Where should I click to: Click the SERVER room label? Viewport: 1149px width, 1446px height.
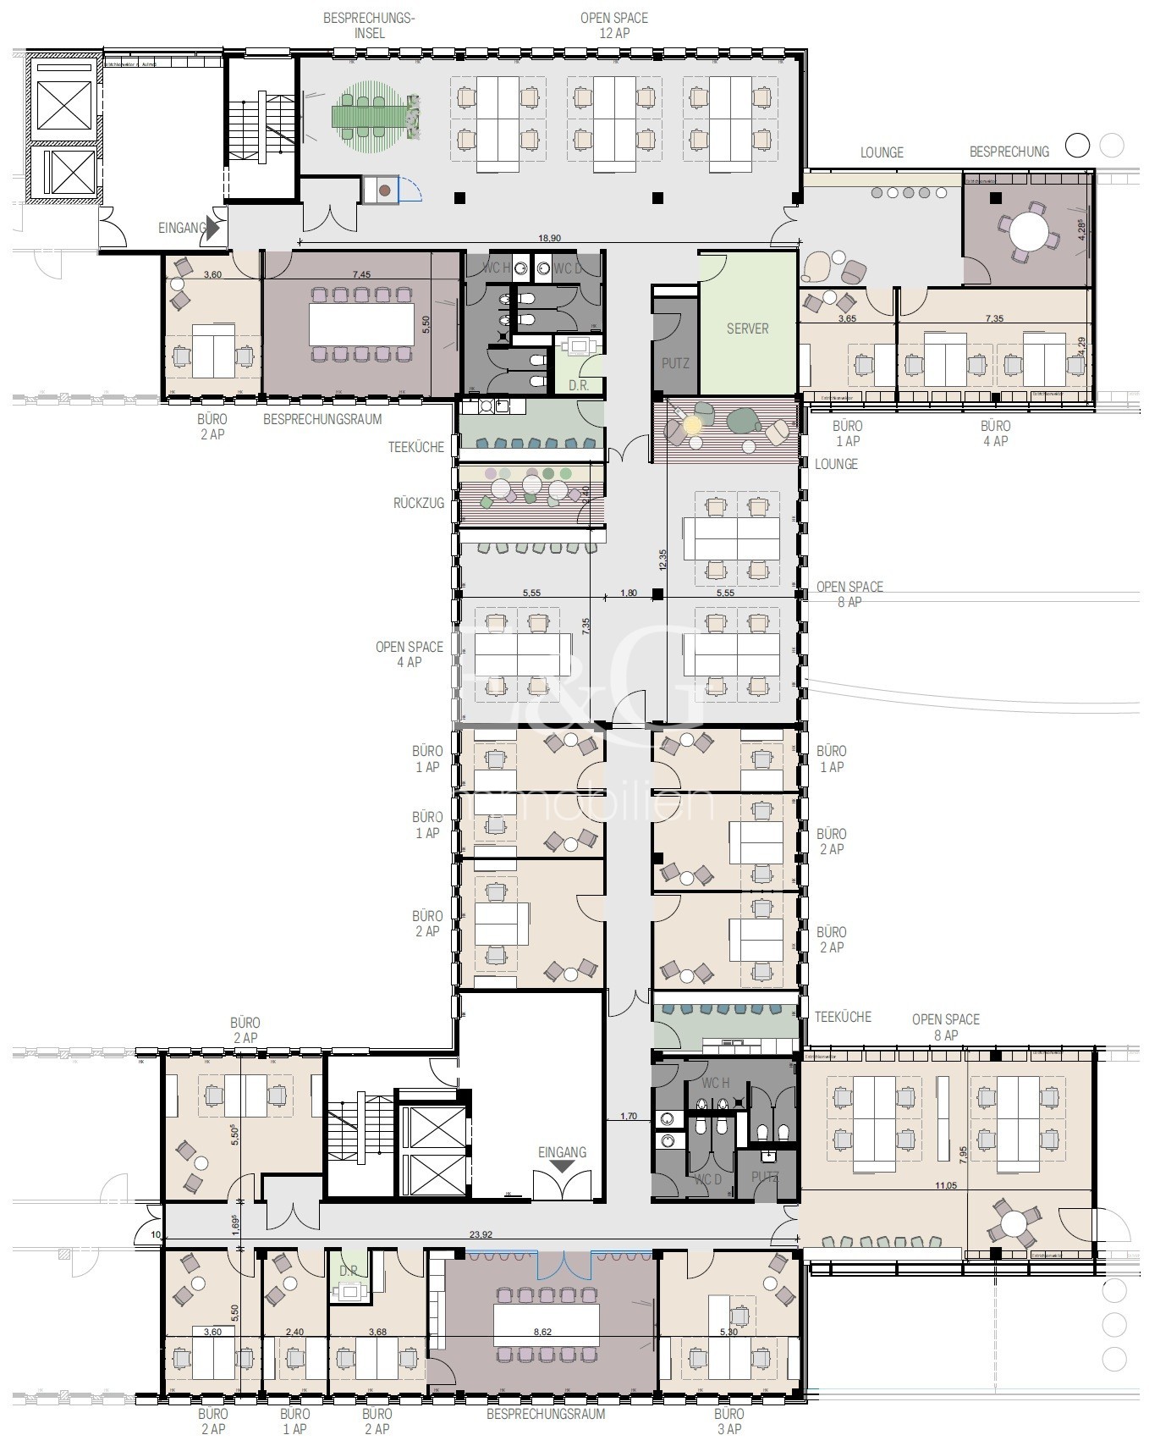coord(747,328)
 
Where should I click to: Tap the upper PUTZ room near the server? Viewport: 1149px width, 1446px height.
coord(674,363)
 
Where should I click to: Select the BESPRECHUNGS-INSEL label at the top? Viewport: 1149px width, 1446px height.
coord(369,25)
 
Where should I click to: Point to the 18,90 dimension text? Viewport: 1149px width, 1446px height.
coord(548,239)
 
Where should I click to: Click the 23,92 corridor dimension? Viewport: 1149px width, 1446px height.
coord(480,1235)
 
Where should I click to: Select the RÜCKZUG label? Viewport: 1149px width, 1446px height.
coord(418,503)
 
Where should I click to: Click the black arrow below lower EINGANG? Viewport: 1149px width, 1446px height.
coord(563,1167)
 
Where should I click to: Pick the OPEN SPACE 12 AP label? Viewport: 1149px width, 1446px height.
coord(613,25)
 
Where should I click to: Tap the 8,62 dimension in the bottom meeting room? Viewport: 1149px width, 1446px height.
coord(542,1332)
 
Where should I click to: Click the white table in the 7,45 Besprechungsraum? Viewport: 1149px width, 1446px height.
coord(361,323)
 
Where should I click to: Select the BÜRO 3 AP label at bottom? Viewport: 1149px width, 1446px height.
coord(728,1421)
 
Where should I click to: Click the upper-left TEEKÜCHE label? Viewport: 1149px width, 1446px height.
coord(415,447)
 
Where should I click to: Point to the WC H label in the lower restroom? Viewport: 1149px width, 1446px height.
coord(716,1083)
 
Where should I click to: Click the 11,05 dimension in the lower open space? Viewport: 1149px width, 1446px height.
coord(945,1185)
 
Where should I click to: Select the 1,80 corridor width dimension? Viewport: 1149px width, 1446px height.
coord(628,593)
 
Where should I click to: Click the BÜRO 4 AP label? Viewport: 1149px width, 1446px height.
coord(995,433)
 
